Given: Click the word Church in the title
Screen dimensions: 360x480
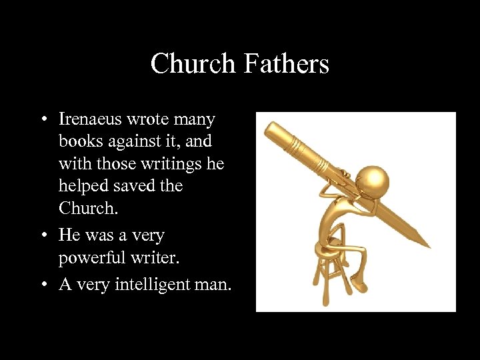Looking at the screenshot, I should coord(193,64).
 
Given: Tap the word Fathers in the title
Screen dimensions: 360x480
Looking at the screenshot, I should coord(286,64).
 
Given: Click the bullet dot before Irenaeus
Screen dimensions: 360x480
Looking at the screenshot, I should coord(43,121).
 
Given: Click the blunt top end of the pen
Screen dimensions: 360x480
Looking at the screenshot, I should coord(269,128).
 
